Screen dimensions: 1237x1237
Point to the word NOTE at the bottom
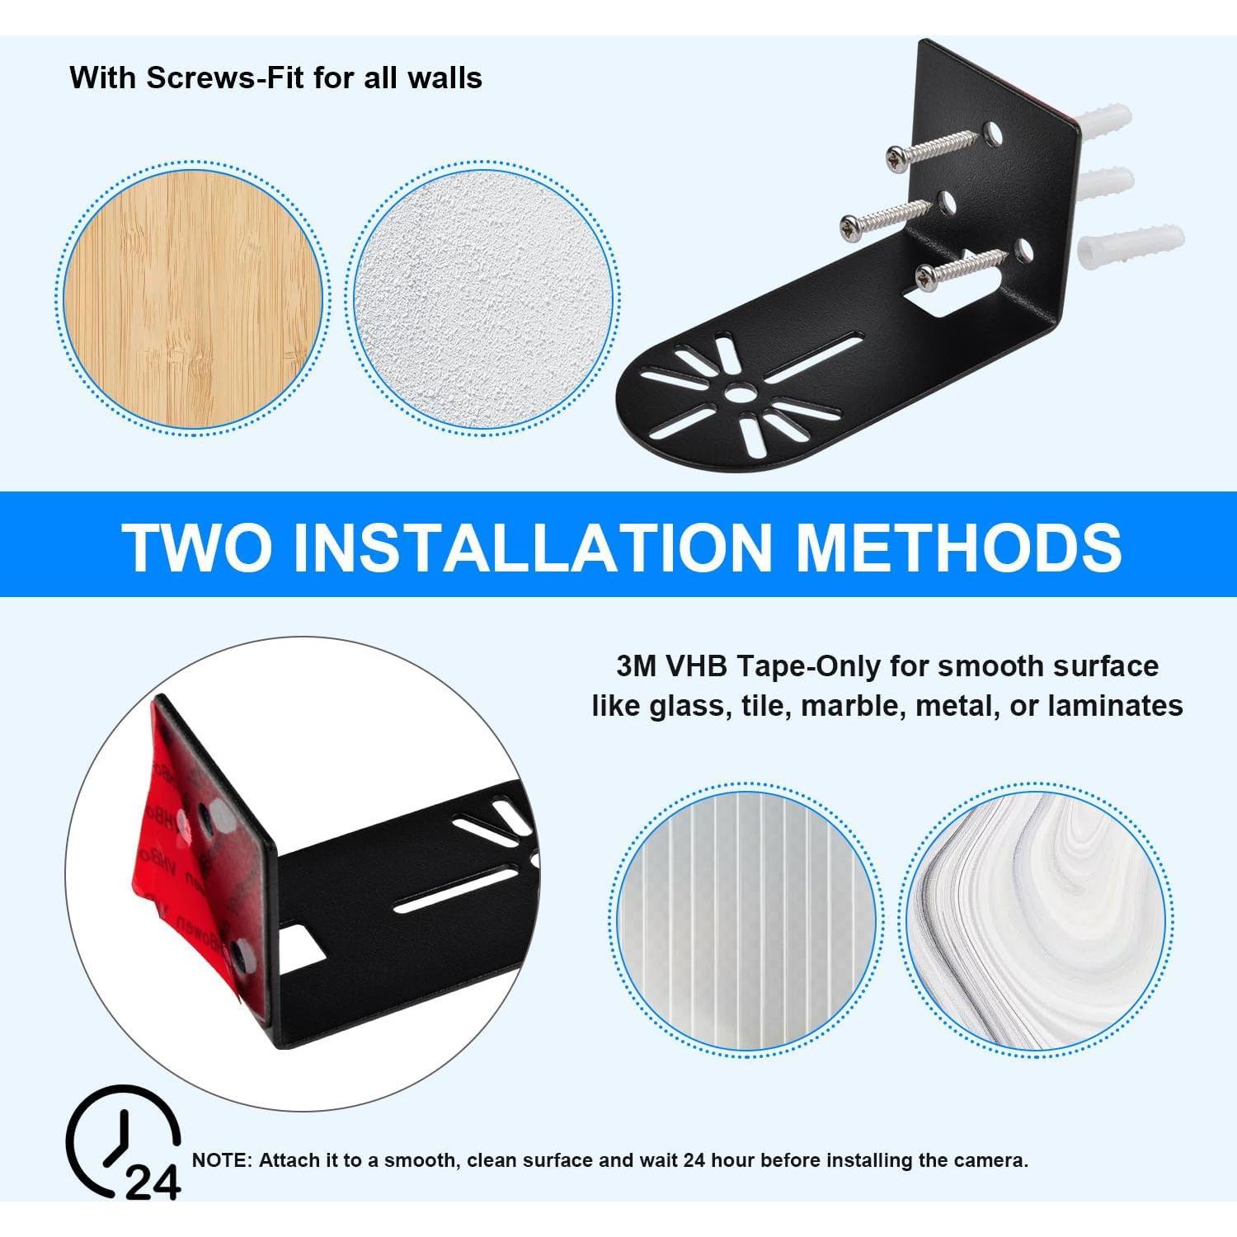click(x=219, y=1160)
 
